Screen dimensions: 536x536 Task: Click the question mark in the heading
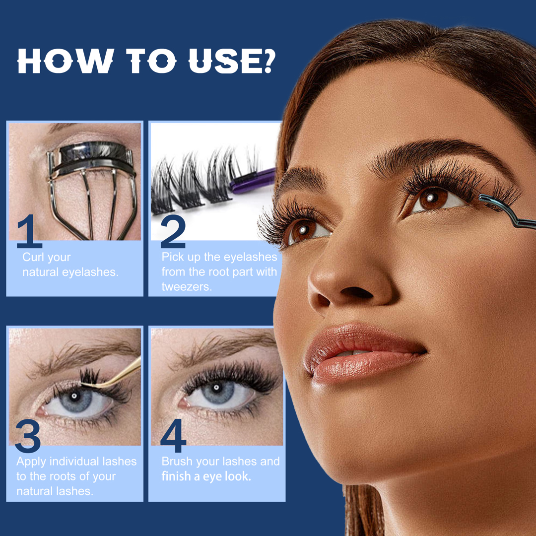pyautogui.click(x=266, y=61)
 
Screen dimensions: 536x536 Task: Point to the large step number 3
pyautogui.click(x=28, y=436)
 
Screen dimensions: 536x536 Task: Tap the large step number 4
pyautogui.click(x=173, y=436)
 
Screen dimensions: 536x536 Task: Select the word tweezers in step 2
pyautogui.click(x=187, y=286)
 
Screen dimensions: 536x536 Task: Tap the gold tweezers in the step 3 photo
pyautogui.click(x=113, y=374)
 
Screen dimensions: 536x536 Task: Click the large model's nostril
pyautogui.click(x=357, y=292)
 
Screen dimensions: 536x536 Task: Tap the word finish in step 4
pyautogui.click(x=177, y=476)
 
